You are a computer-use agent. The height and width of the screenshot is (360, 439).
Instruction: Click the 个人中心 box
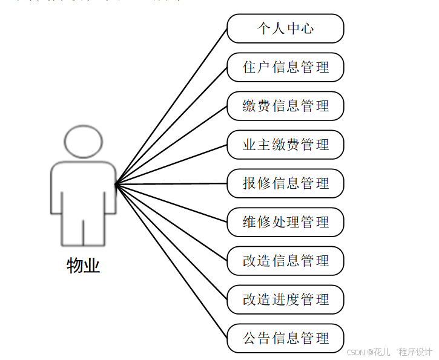pos(285,28)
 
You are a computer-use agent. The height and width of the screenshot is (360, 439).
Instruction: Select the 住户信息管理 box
pos(285,67)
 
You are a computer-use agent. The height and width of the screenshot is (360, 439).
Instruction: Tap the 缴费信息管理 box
pos(285,106)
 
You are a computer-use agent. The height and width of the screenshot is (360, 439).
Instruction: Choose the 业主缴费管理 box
pos(285,145)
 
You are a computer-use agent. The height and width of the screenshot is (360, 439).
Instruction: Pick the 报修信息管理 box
pos(285,183)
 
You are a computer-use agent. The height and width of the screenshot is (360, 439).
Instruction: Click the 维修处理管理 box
pos(285,222)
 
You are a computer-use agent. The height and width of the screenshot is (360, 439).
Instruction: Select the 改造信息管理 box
pos(285,261)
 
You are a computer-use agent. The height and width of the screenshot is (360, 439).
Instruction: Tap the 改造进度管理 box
pos(285,299)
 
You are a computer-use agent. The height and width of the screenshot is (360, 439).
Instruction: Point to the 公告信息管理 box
pos(285,338)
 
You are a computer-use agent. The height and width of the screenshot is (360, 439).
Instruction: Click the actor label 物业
pos(83,266)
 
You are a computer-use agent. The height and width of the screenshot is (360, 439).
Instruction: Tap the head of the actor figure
pos(83,142)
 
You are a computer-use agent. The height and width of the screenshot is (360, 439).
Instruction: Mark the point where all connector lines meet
pos(116,183)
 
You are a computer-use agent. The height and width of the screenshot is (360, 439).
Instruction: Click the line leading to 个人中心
pos(171,106)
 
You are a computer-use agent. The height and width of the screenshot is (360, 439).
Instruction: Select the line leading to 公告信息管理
pos(171,261)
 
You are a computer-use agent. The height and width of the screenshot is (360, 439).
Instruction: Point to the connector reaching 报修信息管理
pos(171,183)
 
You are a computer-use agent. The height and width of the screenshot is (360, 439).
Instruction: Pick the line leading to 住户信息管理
pos(171,125)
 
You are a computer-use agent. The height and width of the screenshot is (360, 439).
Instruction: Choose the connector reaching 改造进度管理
pos(171,241)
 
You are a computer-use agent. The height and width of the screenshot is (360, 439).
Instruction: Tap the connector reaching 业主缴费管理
pos(171,164)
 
